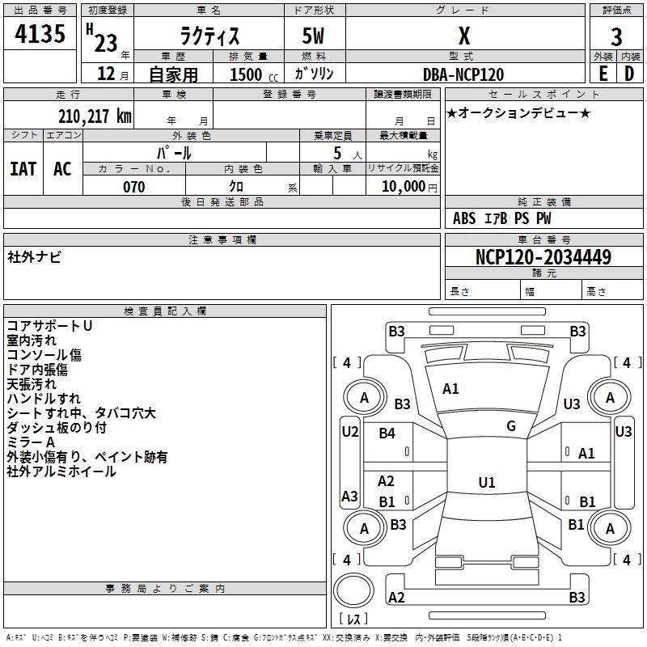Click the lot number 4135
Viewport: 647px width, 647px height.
pyautogui.click(x=40, y=33)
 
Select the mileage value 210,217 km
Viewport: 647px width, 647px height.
pyautogui.click(x=95, y=116)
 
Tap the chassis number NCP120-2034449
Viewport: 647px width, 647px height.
pyautogui.click(x=543, y=256)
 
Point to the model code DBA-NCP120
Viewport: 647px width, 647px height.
pyautogui.click(x=463, y=74)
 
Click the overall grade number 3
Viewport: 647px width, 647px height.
pyautogui.click(x=616, y=37)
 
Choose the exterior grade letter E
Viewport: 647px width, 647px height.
pyautogui.click(x=603, y=74)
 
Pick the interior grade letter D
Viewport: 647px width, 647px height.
pyautogui.click(x=629, y=74)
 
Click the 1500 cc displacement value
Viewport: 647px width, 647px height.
pyautogui.click(x=254, y=74)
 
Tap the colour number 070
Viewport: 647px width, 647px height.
pyautogui.click(x=133, y=187)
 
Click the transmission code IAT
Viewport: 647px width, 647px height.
pyautogui.click(x=23, y=169)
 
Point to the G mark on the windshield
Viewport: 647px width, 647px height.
pyautogui.click(x=511, y=426)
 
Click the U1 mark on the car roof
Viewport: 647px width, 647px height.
pyautogui.click(x=487, y=482)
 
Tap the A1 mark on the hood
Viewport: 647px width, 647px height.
pyautogui.click(x=450, y=389)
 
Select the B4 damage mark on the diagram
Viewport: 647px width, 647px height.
pyautogui.click(x=387, y=433)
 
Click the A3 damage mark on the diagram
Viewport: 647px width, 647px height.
pyautogui.click(x=349, y=496)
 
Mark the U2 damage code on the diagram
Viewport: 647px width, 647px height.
pyautogui.click(x=350, y=432)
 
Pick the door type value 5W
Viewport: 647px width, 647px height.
pyautogui.click(x=313, y=36)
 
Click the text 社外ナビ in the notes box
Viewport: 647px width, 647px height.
pyautogui.click(x=34, y=257)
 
